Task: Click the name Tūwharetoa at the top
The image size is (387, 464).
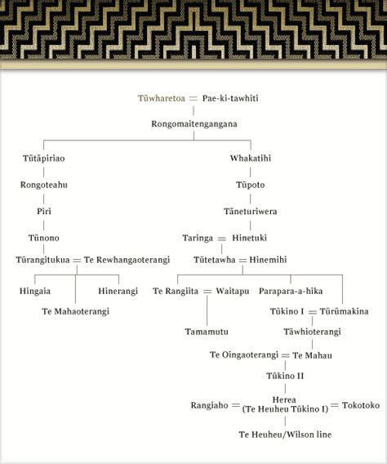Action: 162,98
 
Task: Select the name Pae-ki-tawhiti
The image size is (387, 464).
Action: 230,98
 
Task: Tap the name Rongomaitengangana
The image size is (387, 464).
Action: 194,124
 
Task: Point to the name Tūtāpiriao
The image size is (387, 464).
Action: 44,158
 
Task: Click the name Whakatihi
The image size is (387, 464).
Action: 251,158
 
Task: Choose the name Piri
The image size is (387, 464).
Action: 44,212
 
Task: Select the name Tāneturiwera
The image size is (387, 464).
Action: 251,212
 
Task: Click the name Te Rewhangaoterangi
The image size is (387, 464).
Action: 127,260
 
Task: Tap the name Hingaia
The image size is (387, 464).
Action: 35,291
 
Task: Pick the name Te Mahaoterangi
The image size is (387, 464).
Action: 75,311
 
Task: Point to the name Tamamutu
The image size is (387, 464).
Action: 207,332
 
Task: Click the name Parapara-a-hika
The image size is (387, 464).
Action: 291,291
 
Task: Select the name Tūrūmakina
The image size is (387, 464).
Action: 344,311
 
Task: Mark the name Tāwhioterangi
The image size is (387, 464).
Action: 312,332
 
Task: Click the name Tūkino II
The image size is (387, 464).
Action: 285,376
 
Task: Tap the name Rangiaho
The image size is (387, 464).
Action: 209,405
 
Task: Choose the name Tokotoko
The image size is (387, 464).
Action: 361,405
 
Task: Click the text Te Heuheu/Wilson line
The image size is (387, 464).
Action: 285,435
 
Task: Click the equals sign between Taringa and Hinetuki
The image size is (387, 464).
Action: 222,239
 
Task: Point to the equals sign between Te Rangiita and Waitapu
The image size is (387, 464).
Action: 207,292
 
